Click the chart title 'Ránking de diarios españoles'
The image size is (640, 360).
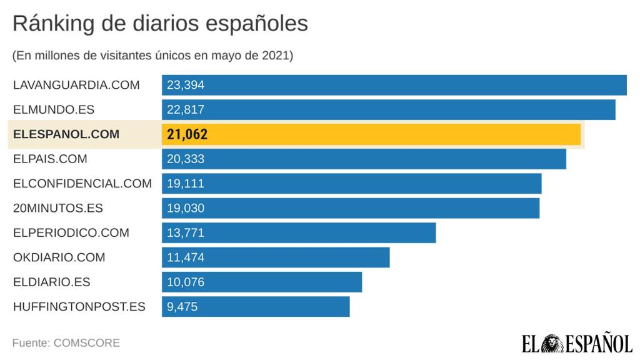pos(160,24)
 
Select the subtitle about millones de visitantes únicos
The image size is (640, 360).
pos(152,56)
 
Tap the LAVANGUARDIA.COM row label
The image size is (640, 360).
pos(76,85)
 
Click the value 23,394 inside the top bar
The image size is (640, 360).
pos(186,85)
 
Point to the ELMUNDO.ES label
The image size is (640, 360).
pos(54,109)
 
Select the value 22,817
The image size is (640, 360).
pos(186,109)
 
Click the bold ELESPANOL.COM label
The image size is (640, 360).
pos(66,134)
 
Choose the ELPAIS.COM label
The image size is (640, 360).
pos(50,159)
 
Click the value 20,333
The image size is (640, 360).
pos(186,159)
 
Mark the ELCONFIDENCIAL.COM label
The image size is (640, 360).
pos(82,183)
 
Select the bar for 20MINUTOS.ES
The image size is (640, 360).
pos(350,208)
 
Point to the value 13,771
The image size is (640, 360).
pos(186,232)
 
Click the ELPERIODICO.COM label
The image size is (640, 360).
pos(71,232)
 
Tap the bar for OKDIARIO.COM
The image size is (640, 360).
pos(276,257)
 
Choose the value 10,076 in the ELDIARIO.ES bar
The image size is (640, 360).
pos(186,282)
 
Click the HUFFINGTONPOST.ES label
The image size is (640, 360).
pos(79,306)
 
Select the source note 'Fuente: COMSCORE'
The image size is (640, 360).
pos(66,343)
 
